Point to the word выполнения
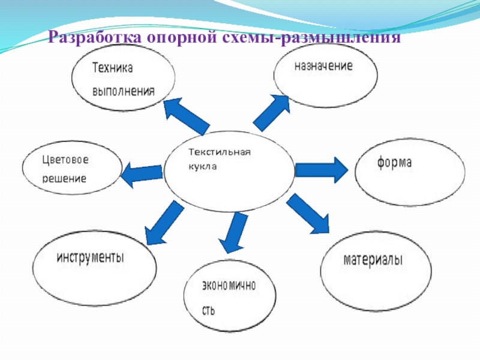click(123, 92)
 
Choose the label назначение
click(323, 65)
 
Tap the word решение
click(64, 178)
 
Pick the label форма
click(394, 163)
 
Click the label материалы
click(373, 260)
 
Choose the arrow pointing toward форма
click(320, 170)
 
